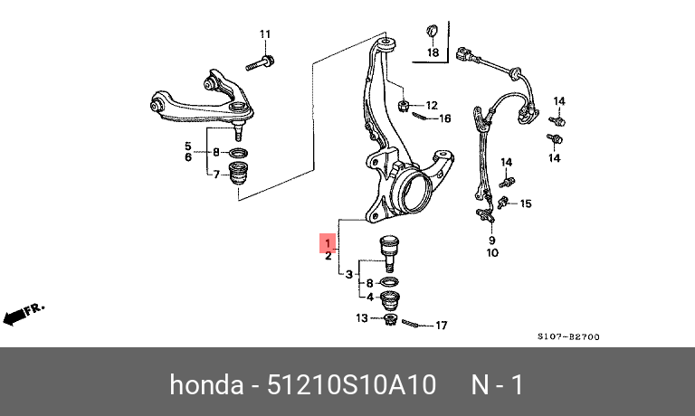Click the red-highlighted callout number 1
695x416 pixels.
click(328, 242)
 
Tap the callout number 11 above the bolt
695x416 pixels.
click(264, 34)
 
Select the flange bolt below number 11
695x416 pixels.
click(260, 63)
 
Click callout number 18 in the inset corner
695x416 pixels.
click(433, 52)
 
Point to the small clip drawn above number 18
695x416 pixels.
click(433, 31)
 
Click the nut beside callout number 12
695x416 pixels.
click(403, 106)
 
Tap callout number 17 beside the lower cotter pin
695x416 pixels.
click(441, 326)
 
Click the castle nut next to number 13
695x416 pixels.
click(390, 319)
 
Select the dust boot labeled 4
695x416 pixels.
click(390, 300)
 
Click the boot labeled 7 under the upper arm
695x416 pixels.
click(239, 174)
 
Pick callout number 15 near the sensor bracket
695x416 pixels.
click(525, 203)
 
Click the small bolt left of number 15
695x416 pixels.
click(502, 203)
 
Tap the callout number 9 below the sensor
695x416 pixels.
click(492, 241)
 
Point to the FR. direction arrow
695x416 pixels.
click(24, 314)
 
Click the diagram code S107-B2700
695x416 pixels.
click(568, 336)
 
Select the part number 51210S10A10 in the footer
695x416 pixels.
click(351, 384)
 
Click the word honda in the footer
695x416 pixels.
click(206, 384)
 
